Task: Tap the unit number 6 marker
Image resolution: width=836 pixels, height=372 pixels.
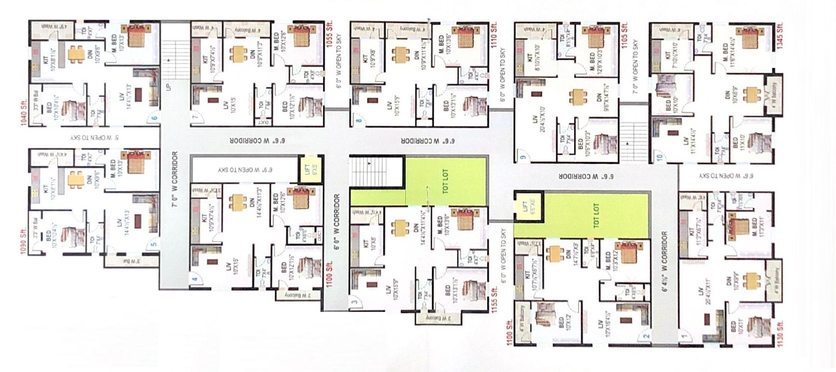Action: pos(155,118)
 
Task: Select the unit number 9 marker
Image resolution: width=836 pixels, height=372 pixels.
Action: pos(522,157)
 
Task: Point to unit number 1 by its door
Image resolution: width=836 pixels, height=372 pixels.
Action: pos(684,337)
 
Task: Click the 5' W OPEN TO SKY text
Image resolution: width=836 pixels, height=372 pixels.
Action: pos(94,138)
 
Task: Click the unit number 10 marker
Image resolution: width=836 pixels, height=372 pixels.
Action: pos(660,157)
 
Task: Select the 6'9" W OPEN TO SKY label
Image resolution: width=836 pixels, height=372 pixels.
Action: pos(245,170)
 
